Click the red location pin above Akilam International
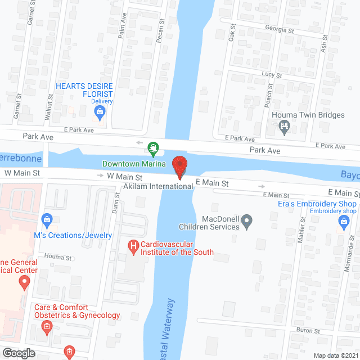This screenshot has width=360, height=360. coord(179,166)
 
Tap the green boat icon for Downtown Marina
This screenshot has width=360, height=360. coord(153,149)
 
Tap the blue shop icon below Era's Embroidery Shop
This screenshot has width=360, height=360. coord(343,223)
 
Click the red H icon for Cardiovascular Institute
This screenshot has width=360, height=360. coord(133,245)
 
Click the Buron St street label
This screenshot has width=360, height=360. coord(309,331)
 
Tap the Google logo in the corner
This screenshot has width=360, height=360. coord(19,353)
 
